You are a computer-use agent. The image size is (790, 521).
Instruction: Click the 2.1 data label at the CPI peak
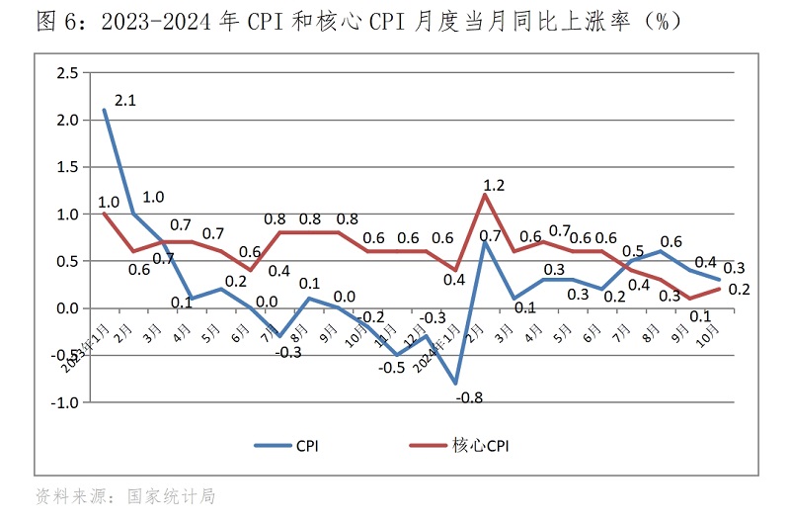click(124, 101)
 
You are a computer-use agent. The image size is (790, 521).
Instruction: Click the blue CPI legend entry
click(285, 446)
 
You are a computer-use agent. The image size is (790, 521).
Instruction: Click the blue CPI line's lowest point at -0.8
click(456, 384)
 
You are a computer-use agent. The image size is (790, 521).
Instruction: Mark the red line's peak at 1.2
click(484, 195)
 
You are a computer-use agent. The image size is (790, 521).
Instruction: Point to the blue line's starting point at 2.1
click(104, 110)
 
